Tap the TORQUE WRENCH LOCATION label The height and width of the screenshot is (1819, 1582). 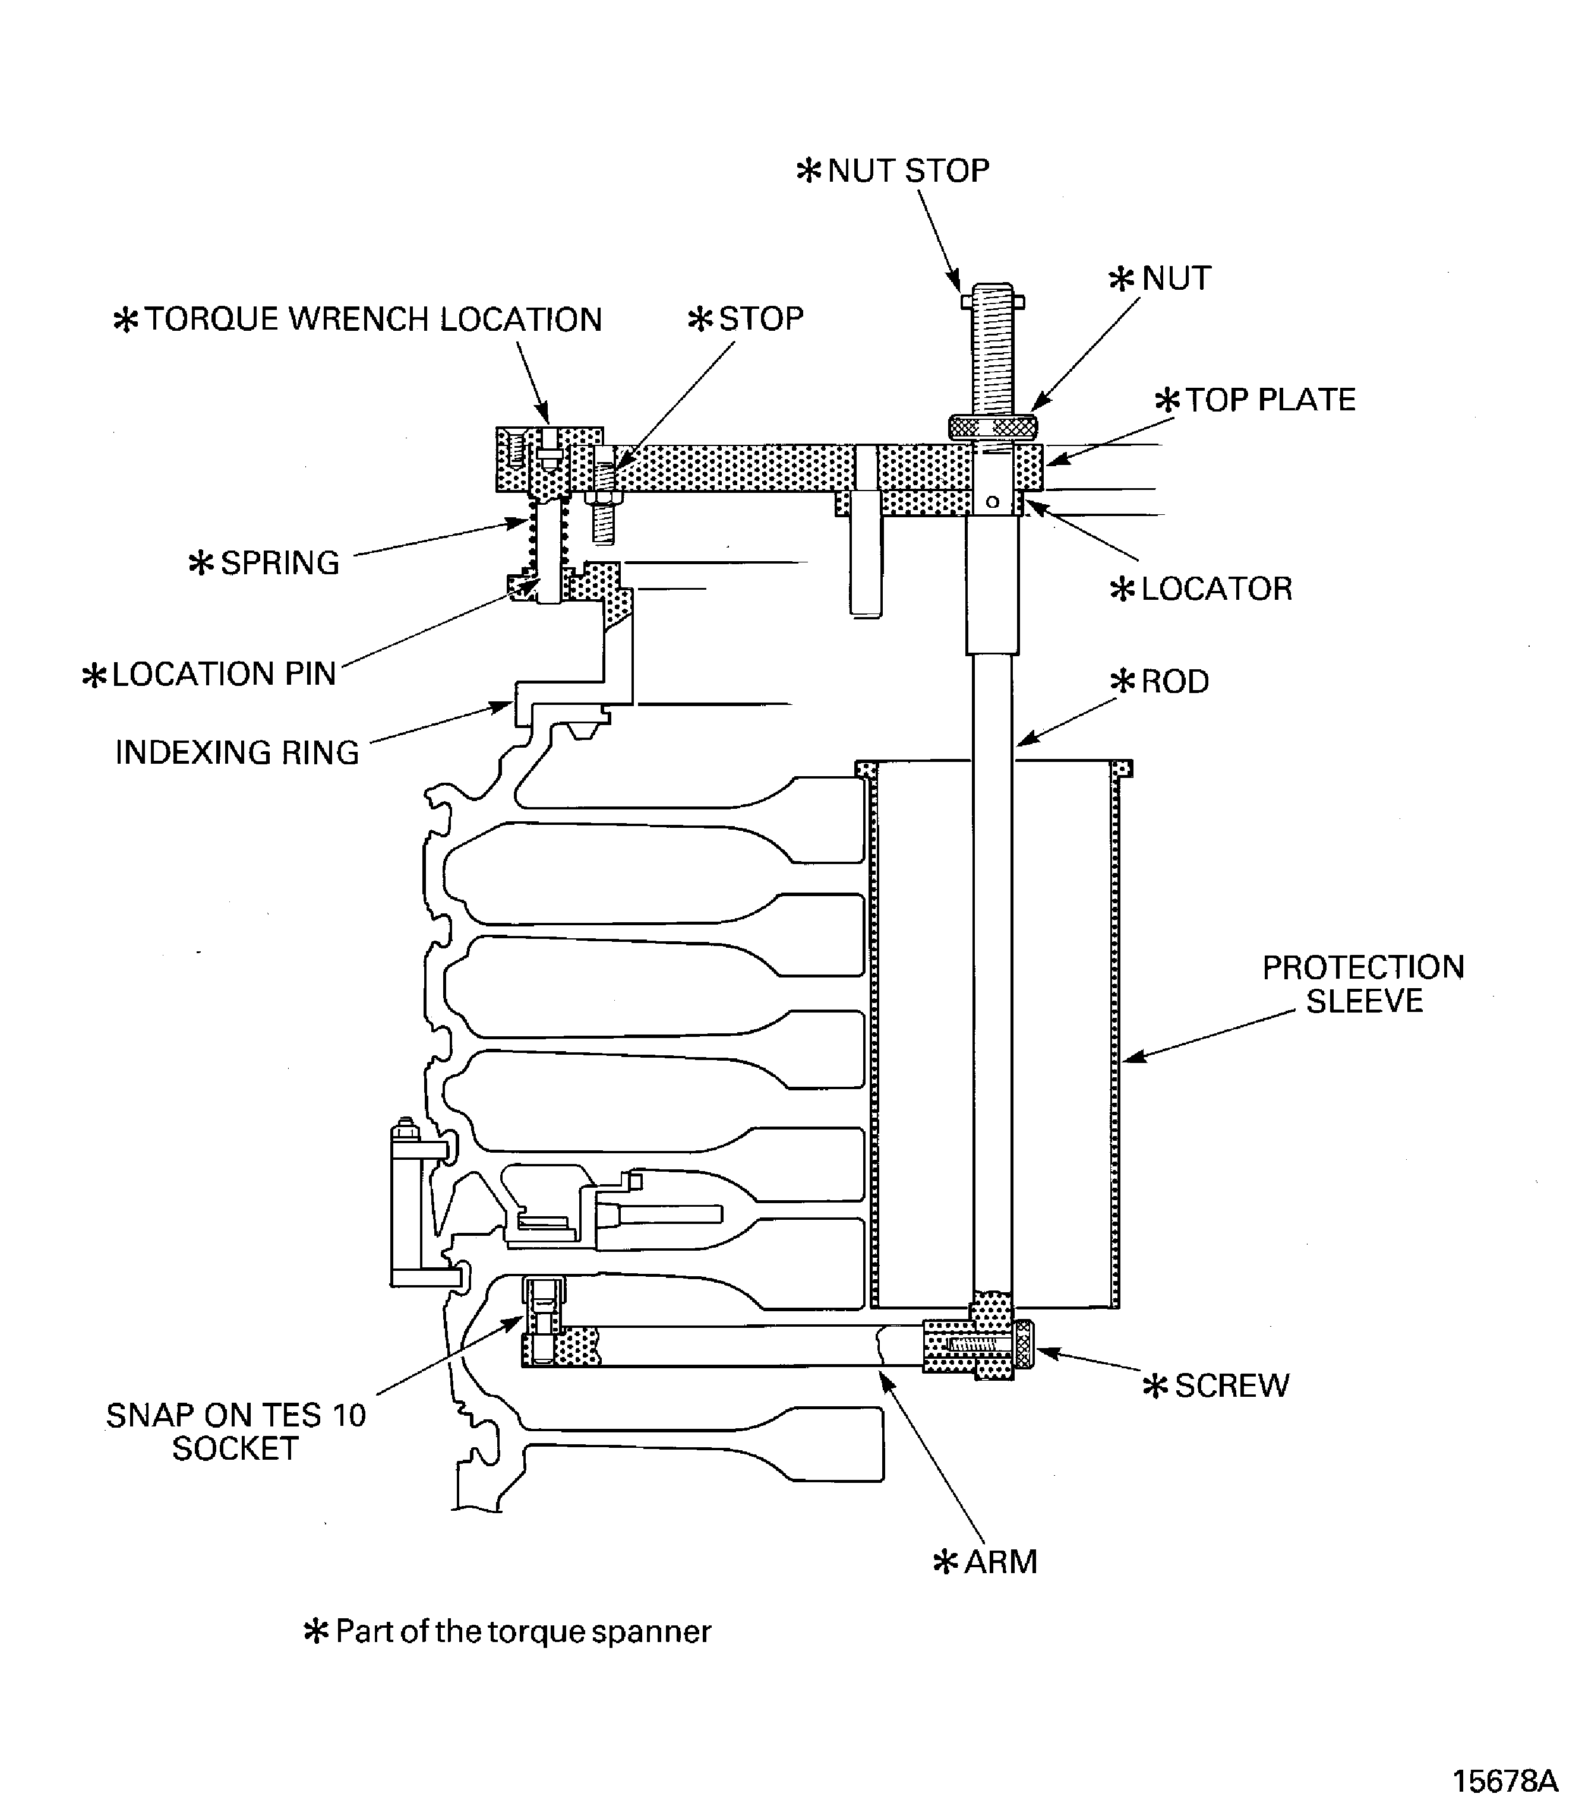tap(358, 319)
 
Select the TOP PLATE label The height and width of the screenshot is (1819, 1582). tap(1255, 400)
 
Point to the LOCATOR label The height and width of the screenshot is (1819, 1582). tap(1201, 589)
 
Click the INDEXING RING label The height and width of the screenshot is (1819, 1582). tap(238, 753)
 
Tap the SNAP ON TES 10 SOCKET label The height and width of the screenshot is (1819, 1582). tap(236, 1432)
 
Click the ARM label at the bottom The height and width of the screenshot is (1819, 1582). tap(985, 1561)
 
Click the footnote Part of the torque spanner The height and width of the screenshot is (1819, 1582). tap(507, 1631)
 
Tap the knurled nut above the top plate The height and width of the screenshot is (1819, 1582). tap(992, 427)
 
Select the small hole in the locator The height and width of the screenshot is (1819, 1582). tap(992, 502)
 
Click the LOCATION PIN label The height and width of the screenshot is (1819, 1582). tap(209, 674)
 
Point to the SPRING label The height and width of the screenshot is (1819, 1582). tap(264, 563)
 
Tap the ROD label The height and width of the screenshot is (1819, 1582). tap(1159, 681)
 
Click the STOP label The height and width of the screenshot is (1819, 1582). tap(746, 319)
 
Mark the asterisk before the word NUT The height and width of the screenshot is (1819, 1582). tap(1121, 280)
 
